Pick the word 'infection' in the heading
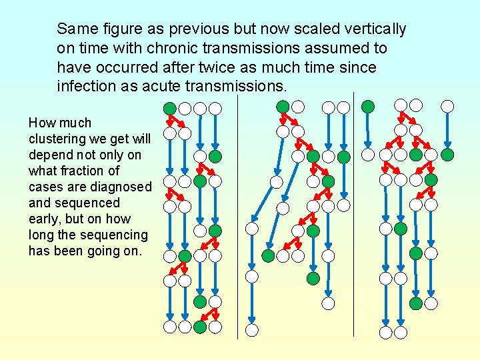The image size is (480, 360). pyautogui.click(x=84, y=87)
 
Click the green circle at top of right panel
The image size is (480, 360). pyautogui.click(x=367, y=106)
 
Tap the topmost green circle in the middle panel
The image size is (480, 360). pyautogui.click(x=283, y=106)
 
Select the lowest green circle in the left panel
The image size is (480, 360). pyautogui.click(x=200, y=327)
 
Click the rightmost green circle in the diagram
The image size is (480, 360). pyautogui.click(x=448, y=155)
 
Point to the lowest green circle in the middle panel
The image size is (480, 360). pyautogui.click(x=313, y=278)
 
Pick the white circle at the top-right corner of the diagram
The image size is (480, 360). pyautogui.click(x=448, y=106)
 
